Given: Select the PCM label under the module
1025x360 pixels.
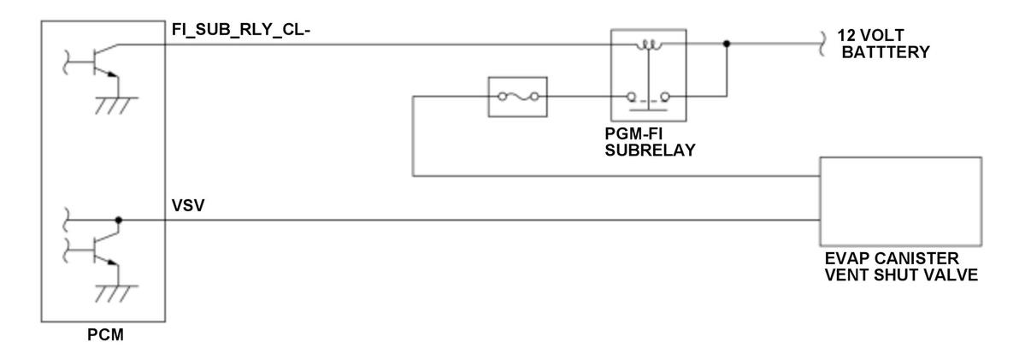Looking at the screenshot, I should (105, 333).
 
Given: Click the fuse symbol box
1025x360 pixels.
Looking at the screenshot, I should (516, 97).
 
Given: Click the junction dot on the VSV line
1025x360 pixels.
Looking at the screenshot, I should (119, 221).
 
